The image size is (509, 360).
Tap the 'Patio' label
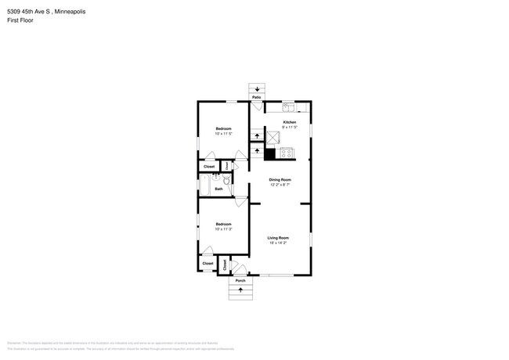click(x=256, y=98)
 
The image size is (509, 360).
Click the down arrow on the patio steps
click(x=256, y=89)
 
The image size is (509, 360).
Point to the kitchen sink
click(x=288, y=108)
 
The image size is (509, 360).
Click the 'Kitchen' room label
click(x=289, y=123)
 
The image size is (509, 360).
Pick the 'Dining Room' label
click(x=280, y=180)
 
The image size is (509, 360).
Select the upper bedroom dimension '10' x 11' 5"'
click(x=224, y=134)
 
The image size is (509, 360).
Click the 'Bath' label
click(x=219, y=189)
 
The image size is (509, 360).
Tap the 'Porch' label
click(x=240, y=280)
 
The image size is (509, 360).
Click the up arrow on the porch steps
click(x=240, y=290)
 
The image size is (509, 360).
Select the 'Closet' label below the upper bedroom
click(x=209, y=167)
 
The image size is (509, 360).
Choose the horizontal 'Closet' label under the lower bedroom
click(x=208, y=264)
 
